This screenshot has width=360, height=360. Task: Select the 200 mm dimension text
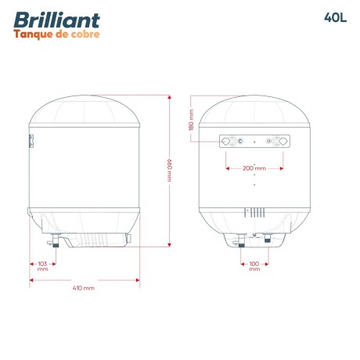[x=255, y=168]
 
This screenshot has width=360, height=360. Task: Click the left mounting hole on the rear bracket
[x=228, y=142]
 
